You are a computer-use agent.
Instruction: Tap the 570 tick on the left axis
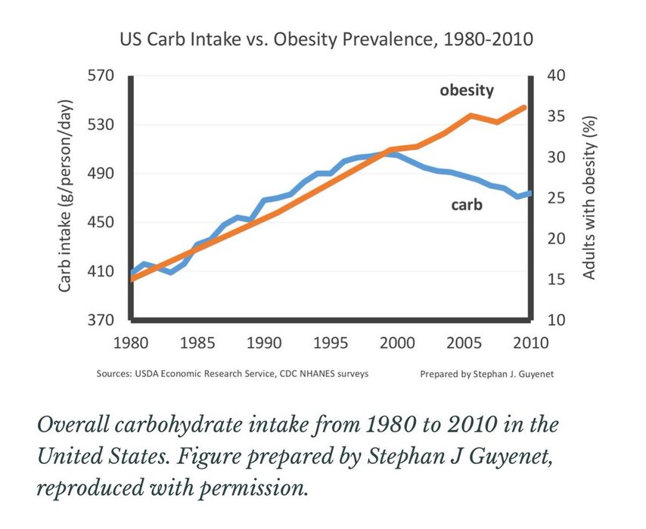(101, 76)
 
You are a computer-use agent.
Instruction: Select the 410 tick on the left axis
(101, 271)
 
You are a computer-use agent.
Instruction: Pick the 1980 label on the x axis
(132, 343)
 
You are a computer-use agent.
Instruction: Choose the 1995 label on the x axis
(331, 343)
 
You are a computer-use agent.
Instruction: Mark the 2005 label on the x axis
(464, 343)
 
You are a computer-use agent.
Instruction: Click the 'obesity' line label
(467, 91)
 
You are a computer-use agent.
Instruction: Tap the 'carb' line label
(467, 204)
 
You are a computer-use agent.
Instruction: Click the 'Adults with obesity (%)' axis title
(590, 197)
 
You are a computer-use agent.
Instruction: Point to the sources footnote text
(233, 374)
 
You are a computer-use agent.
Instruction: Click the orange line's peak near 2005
(471, 115)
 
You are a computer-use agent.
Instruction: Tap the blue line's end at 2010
(529, 193)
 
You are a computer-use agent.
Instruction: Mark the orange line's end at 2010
(524, 107)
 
